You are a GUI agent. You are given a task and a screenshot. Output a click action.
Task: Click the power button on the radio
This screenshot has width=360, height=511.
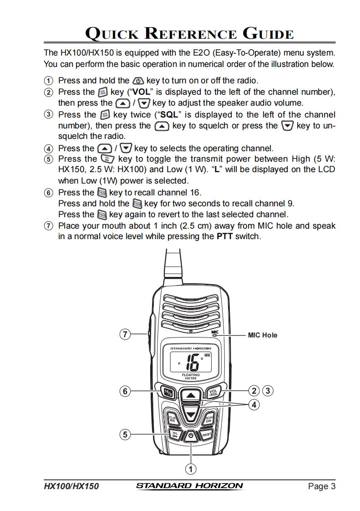click(x=191, y=436)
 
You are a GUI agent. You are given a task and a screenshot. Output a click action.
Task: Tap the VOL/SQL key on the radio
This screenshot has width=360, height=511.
click(x=213, y=392)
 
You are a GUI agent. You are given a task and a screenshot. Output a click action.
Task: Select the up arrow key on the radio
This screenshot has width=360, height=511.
click(x=191, y=395)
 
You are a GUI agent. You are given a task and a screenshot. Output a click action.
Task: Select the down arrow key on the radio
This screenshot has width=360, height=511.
click(x=191, y=414)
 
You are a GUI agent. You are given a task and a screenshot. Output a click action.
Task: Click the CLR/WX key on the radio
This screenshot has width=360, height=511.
click(x=172, y=419)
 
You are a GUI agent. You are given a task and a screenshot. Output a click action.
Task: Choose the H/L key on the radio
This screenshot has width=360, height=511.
click(x=176, y=435)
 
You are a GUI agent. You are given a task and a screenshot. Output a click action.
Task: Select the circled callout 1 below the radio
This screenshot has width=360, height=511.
click(x=191, y=469)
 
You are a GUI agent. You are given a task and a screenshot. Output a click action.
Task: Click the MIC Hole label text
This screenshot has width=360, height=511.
click(x=262, y=335)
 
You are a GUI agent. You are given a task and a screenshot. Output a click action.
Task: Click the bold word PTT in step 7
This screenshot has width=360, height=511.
click(x=225, y=237)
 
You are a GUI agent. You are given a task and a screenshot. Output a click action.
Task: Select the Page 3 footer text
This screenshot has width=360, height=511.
click(x=321, y=486)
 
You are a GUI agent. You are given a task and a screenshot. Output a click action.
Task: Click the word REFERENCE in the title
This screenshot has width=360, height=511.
click(x=191, y=34)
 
